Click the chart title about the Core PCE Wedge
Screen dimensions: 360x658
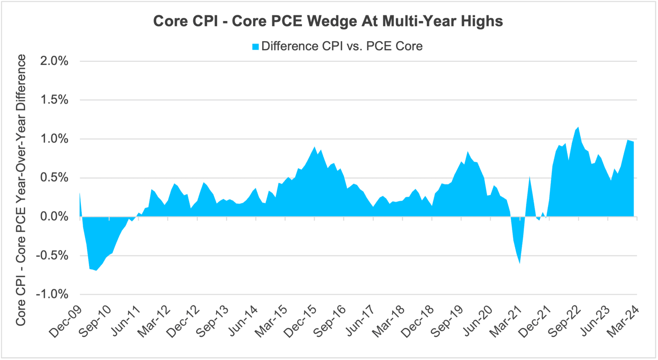[328, 21]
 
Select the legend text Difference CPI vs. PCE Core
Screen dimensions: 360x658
[342, 46]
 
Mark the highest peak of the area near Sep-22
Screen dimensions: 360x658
[578, 127]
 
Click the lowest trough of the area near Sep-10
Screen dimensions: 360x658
[96, 270]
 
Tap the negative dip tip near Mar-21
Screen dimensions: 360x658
[520, 263]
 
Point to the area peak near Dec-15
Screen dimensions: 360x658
[314, 147]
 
